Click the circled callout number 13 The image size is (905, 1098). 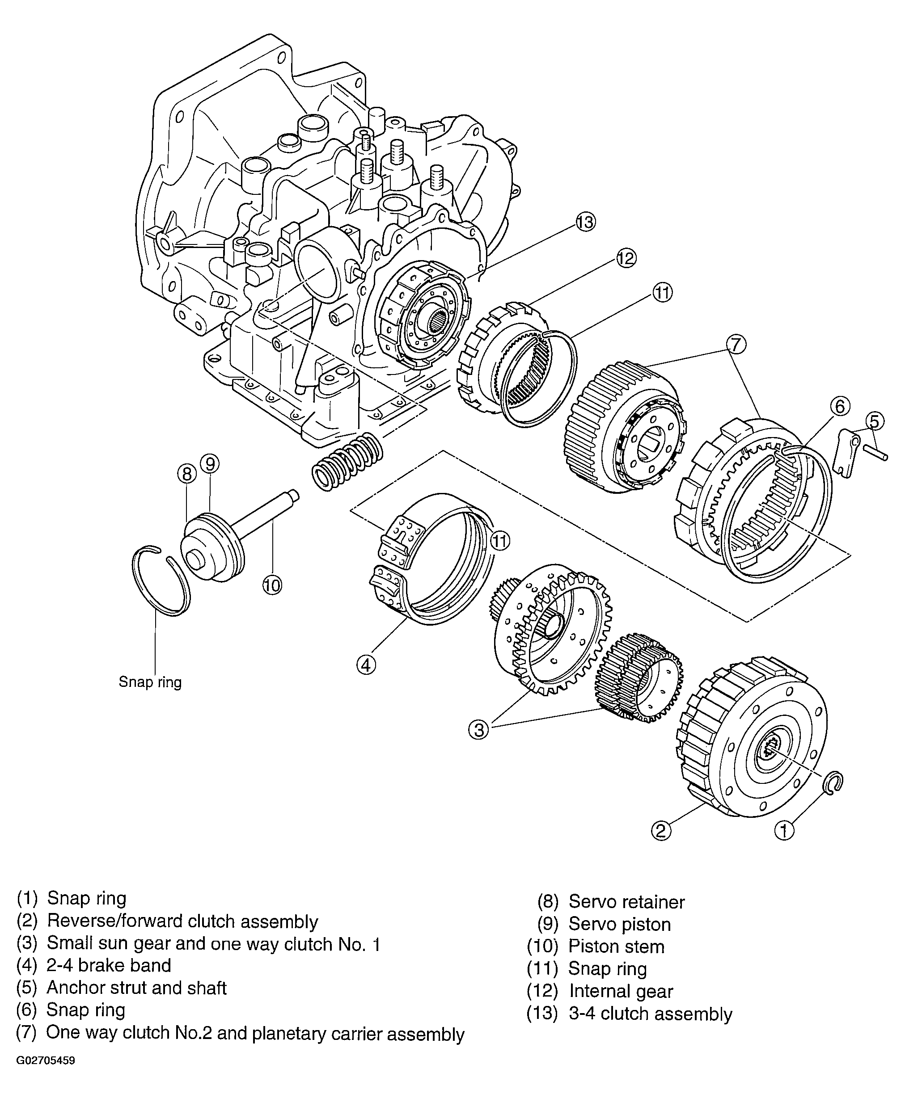[585, 222]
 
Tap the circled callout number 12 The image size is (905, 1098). [626, 258]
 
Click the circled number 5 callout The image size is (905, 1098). [875, 421]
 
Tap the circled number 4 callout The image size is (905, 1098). [366, 665]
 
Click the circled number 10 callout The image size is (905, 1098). [271, 585]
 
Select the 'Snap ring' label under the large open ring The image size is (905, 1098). [150, 682]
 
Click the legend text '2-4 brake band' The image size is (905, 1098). [109, 965]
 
